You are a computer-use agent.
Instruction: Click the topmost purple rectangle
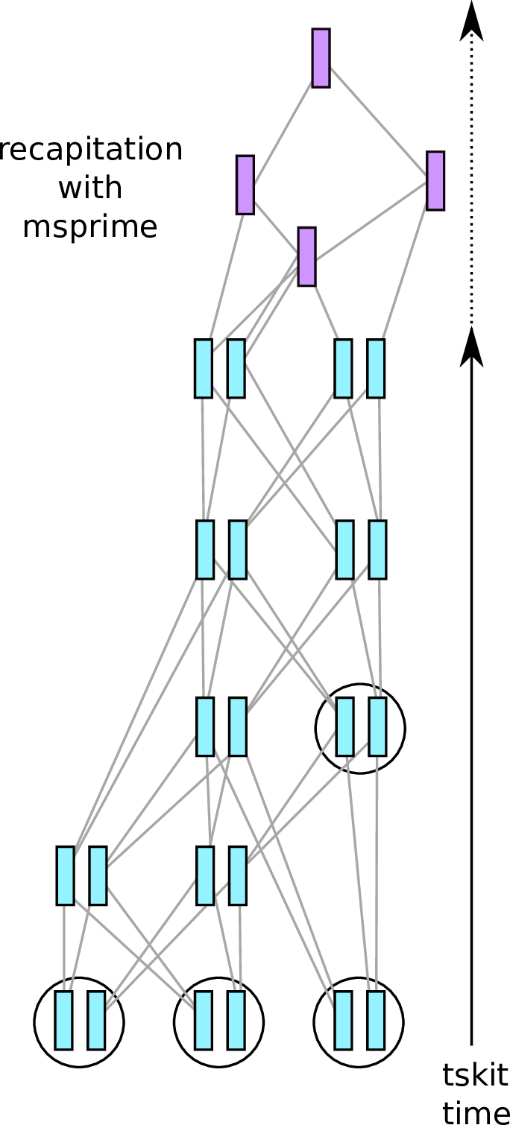[321, 58]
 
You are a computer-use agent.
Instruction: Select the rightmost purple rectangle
[435, 181]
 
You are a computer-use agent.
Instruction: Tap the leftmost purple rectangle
[245, 185]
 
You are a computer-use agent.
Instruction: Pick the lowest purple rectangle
[306, 257]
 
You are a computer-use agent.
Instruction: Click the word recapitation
[91, 150]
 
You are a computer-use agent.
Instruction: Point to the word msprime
[90, 226]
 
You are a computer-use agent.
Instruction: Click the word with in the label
[90, 188]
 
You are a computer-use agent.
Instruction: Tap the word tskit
[475, 1075]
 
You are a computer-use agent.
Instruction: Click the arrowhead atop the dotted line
[471, 21]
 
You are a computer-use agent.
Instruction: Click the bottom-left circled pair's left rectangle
[63, 1020]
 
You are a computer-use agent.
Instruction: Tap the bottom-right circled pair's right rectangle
[376, 1020]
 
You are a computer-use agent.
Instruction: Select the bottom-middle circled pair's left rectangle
[203, 1020]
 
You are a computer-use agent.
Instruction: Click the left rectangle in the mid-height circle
[344, 726]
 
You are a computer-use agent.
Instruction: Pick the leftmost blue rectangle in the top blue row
[203, 368]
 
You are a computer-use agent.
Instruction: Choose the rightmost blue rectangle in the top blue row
[376, 368]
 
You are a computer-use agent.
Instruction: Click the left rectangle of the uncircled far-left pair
[65, 875]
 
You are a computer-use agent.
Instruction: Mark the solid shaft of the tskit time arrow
[471, 708]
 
